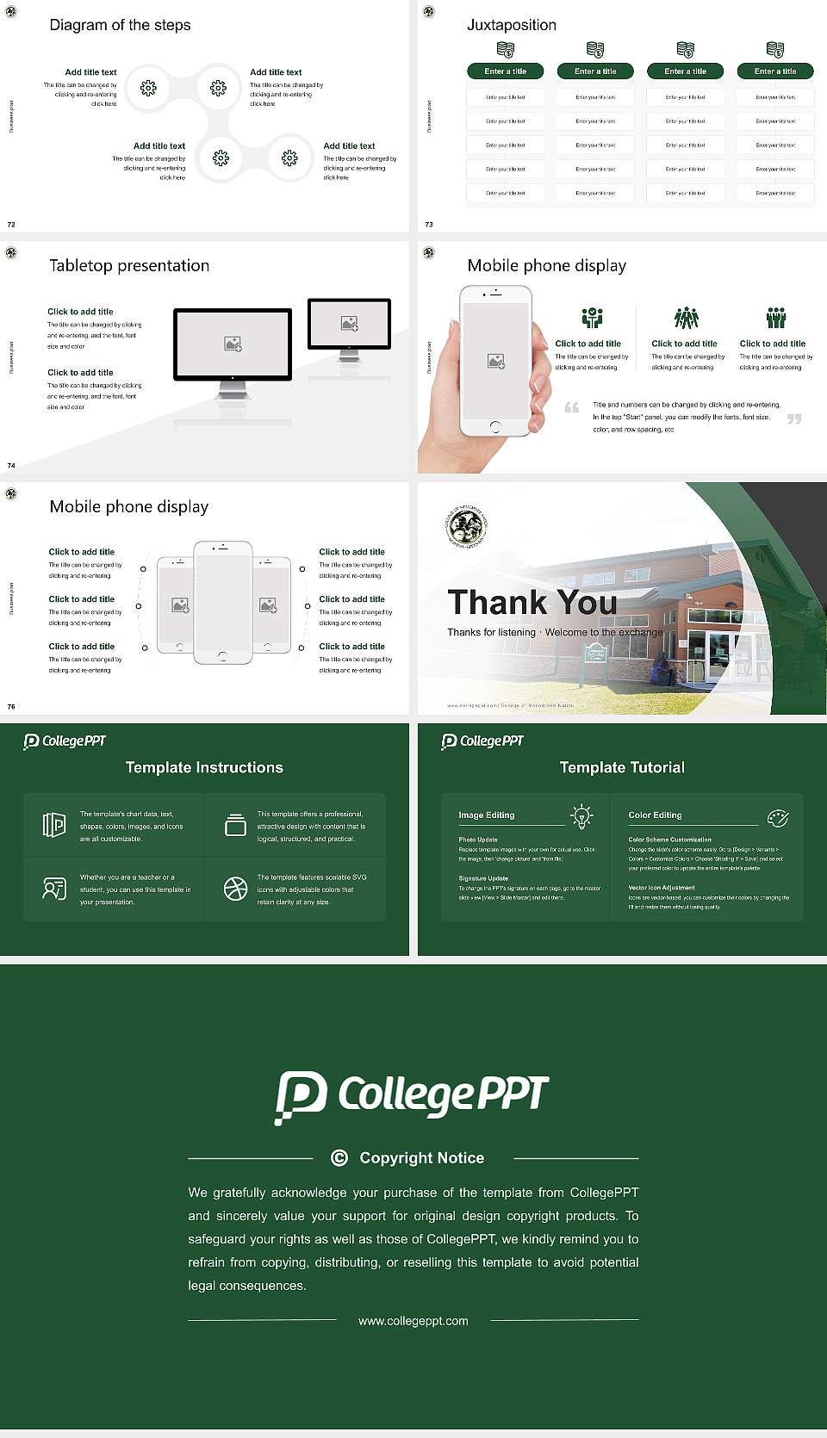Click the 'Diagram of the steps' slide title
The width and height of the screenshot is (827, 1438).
coord(120,25)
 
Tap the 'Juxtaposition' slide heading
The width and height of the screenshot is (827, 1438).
coord(512,25)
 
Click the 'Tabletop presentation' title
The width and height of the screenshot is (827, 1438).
coord(129,266)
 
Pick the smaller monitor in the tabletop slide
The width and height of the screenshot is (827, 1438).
coord(349,325)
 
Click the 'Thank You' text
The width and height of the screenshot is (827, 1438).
coord(532,603)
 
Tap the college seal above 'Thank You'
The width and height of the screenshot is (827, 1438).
coord(467,525)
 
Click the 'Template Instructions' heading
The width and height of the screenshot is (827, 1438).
coord(204,767)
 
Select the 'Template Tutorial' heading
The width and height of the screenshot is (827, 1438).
coord(622,767)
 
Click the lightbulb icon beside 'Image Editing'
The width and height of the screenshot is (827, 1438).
coord(581,816)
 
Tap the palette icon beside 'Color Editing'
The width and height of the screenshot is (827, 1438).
coord(778,817)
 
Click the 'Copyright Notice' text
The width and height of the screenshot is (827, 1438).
coord(422,1158)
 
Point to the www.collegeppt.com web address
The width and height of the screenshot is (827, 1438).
coord(413,1321)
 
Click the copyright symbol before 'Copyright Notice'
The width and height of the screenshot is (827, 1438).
coord(339,1158)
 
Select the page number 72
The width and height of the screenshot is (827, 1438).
coord(11,225)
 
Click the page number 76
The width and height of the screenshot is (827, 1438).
coord(11,707)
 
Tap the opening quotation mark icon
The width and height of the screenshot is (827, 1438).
coord(572,407)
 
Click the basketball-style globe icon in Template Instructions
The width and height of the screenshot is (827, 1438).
coord(235,889)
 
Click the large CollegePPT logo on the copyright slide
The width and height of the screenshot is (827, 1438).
coord(412,1095)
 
